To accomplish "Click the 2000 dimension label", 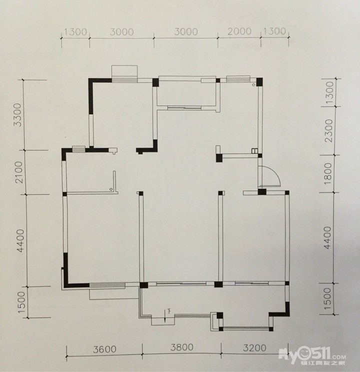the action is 239,31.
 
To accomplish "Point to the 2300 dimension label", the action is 329,130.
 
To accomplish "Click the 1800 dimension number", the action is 328,173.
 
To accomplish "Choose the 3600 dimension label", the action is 104,349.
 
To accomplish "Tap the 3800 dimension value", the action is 182,347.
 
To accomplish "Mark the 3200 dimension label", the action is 254,348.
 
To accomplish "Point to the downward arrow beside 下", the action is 165,316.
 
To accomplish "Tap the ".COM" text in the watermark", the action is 338,357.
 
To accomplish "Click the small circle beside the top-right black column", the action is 253,84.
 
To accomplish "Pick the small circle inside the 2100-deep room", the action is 111,189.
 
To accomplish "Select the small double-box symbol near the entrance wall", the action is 254,151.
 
